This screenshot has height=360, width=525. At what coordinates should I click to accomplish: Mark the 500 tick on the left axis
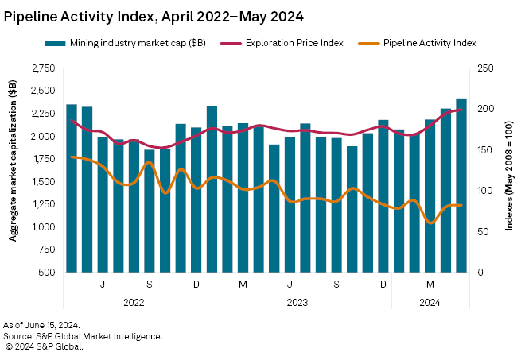coord(48,273)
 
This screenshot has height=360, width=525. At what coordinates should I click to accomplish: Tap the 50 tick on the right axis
coord(480,232)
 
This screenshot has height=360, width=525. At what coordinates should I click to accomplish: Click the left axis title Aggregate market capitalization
coord(14,170)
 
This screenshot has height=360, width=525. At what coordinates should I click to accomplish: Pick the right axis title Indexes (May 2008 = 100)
coord(509,170)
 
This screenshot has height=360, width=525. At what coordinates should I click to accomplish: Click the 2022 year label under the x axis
coord(134,302)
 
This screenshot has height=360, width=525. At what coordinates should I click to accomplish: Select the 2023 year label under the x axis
coord(297,302)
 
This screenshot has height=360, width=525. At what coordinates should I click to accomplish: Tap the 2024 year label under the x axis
coord(430,302)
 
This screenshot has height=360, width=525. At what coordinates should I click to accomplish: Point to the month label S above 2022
coord(150,285)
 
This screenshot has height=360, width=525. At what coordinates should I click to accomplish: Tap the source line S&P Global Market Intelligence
coord(83,336)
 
